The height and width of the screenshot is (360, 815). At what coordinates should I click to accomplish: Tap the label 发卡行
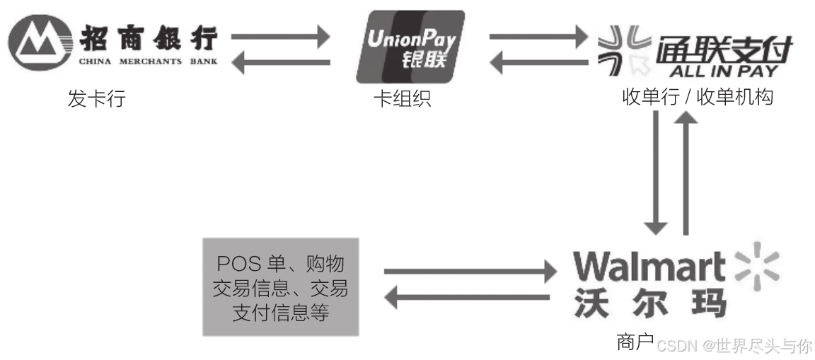[x=96, y=99]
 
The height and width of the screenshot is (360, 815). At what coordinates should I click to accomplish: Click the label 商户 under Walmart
[x=635, y=343]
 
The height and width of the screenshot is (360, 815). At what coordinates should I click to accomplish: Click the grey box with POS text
[x=281, y=286]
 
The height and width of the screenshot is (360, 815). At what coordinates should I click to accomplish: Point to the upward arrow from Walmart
[x=686, y=173]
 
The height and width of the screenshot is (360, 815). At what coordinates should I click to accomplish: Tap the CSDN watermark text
[x=734, y=346]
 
